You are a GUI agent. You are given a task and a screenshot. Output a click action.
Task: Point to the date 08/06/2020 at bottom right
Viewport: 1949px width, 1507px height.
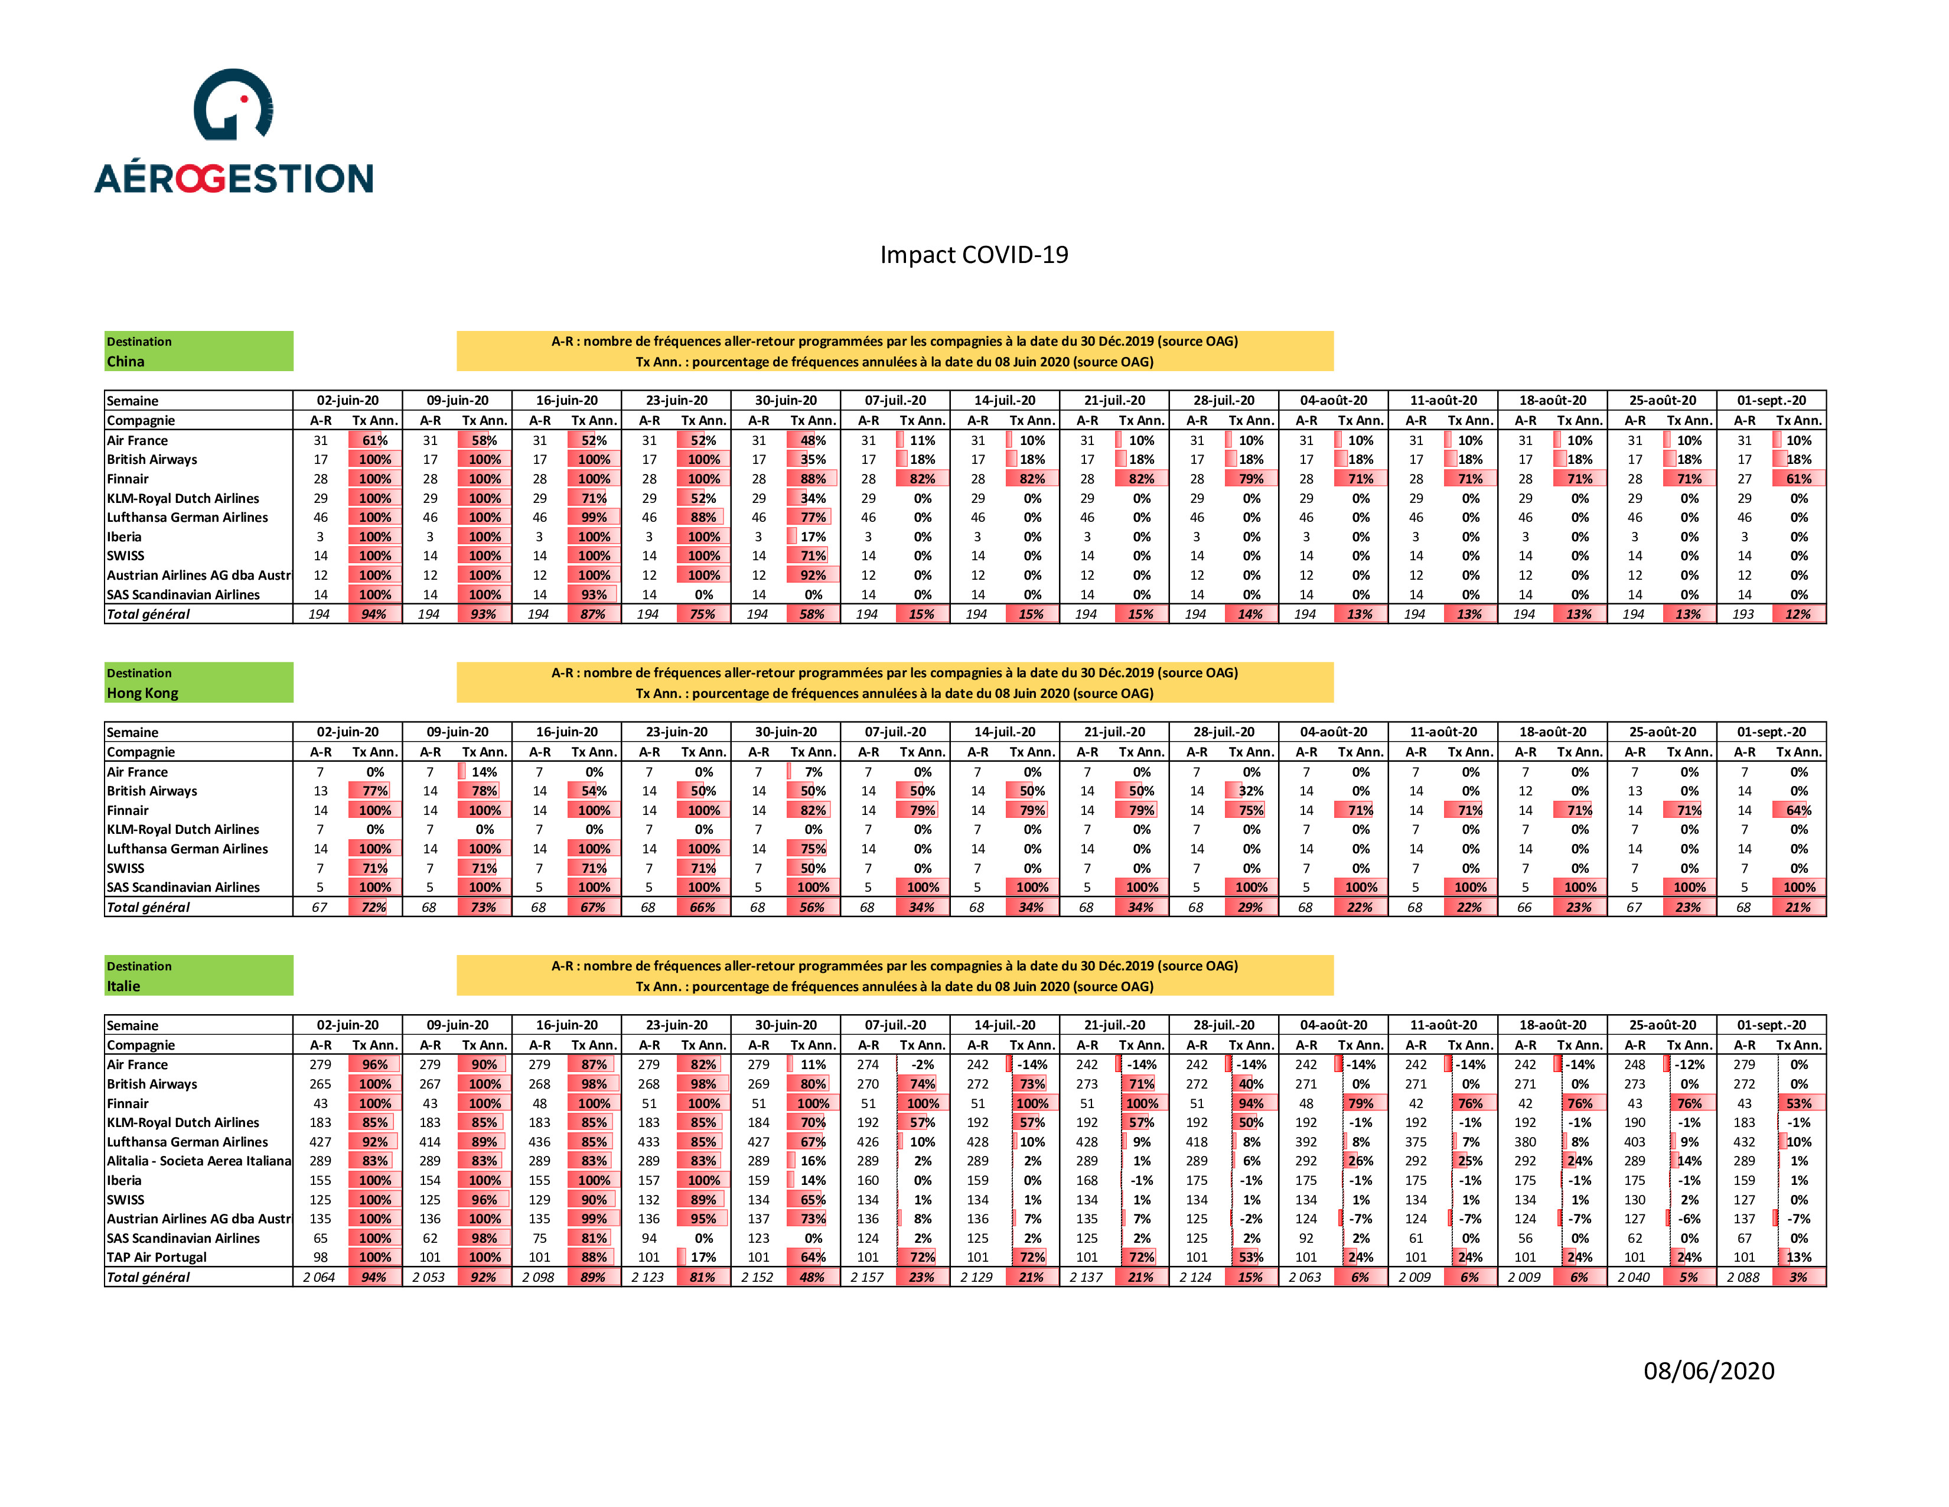coord(1709,1370)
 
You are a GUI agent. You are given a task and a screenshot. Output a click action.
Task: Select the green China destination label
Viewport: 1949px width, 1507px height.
coord(198,351)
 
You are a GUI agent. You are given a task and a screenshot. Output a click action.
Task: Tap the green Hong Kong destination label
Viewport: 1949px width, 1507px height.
coord(198,682)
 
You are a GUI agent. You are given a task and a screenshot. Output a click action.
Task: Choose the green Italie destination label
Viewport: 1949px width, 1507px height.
coord(198,976)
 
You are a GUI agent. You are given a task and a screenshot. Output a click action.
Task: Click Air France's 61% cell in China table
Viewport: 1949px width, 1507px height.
coord(375,440)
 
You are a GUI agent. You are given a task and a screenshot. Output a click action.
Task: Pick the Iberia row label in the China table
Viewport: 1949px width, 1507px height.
coord(124,537)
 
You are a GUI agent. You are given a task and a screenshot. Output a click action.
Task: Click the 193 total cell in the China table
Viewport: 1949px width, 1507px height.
coord(1743,614)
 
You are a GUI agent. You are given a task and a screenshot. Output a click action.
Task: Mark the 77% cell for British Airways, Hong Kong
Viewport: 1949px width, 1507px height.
coord(375,791)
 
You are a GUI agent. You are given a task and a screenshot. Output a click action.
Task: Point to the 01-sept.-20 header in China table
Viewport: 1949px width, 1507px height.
coord(1771,401)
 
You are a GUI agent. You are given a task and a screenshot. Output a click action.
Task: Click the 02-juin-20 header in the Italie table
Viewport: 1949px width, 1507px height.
coord(347,1025)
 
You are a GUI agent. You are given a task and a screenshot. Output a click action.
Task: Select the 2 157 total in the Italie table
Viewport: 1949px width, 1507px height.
coord(866,1277)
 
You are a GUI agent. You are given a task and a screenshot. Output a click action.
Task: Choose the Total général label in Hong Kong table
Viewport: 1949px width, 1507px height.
coord(148,907)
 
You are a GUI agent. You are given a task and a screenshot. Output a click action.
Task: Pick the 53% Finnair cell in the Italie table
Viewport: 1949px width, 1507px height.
coord(1798,1103)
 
